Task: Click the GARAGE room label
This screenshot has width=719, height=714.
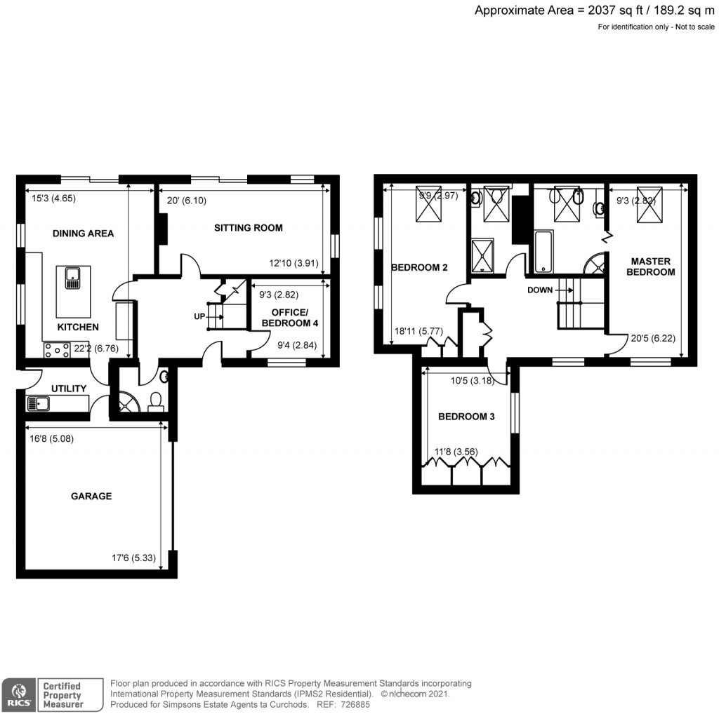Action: (91, 496)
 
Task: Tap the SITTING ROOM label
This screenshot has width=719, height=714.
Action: (248, 227)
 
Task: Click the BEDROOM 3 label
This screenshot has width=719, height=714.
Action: (466, 417)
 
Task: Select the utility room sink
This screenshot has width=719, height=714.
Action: (37, 403)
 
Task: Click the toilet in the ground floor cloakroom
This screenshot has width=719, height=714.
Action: (157, 400)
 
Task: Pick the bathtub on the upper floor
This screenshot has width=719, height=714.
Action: (545, 253)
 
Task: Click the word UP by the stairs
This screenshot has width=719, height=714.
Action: (199, 317)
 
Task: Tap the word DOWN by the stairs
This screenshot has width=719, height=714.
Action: (539, 289)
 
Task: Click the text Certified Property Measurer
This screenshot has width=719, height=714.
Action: (63, 694)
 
